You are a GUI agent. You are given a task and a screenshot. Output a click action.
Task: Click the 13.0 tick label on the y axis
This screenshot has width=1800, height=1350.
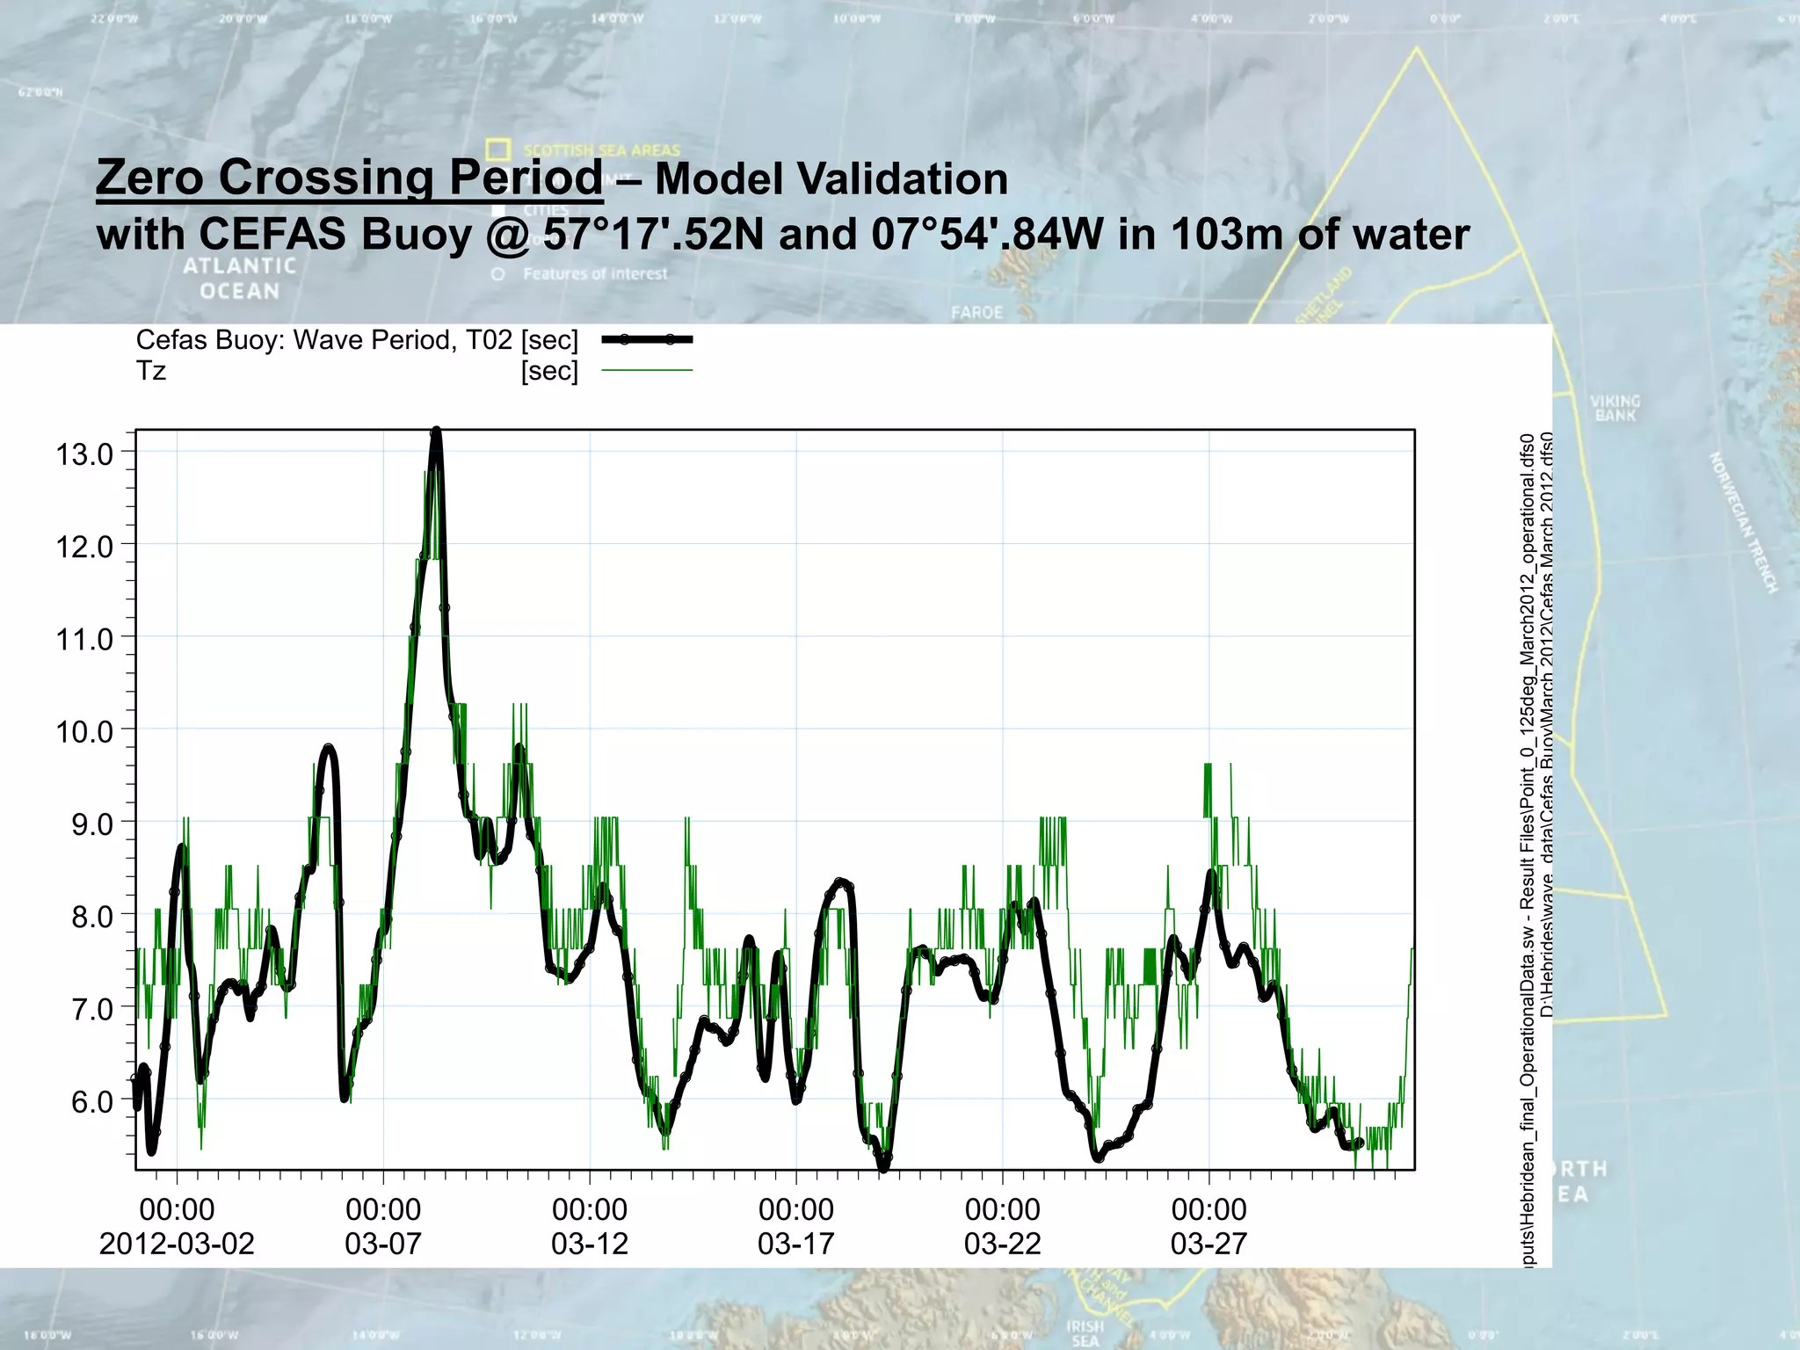85,454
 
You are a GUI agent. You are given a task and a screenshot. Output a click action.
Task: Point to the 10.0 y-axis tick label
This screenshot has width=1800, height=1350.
85,731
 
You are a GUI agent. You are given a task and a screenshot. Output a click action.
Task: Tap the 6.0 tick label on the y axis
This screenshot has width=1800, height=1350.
92,1101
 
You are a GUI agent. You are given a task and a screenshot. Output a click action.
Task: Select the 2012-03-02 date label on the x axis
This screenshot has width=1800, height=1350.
177,1244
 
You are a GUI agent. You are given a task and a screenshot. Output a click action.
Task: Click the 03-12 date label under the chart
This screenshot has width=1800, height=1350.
590,1244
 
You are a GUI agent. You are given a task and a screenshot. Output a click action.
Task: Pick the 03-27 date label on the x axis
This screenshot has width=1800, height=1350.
1208,1244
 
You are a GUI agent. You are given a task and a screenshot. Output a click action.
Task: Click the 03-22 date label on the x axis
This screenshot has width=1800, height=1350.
1003,1244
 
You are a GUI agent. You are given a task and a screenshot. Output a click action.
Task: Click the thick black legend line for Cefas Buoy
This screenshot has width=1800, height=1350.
647,339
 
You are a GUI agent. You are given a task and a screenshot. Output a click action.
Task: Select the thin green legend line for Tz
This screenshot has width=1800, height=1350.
647,371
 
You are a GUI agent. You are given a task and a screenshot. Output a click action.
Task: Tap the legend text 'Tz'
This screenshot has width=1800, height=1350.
151,371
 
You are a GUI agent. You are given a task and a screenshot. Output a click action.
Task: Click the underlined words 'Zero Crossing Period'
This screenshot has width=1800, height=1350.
349,178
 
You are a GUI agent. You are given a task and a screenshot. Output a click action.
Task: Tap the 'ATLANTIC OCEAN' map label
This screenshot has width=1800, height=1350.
239,278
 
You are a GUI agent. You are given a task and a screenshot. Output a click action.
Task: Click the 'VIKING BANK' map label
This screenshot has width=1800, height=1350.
1615,408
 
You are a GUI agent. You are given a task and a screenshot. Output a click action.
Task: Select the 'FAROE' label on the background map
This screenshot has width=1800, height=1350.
976,312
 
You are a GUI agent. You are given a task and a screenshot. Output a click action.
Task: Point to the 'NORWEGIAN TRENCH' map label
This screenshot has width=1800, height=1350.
1743,523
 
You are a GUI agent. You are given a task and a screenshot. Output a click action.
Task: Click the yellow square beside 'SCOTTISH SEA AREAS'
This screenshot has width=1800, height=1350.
498,149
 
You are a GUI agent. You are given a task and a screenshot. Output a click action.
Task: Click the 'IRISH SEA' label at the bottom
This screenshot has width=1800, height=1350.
1085,1332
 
